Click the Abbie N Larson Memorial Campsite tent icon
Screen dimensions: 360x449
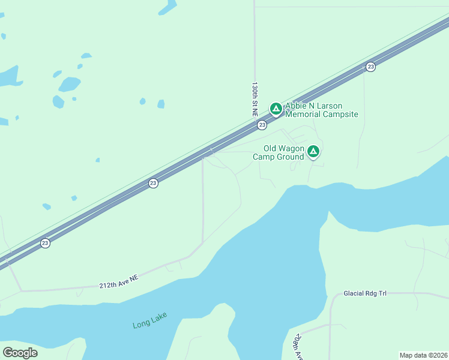tap(276, 109)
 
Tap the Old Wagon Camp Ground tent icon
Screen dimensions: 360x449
tap(313, 151)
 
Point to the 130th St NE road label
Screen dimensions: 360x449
tap(255, 100)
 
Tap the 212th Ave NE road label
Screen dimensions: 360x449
tap(118, 282)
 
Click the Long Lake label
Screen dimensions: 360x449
tap(149, 320)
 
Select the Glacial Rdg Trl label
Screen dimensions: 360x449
tap(365, 293)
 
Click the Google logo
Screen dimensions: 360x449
tap(20, 352)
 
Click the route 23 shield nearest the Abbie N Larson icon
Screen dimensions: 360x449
tap(262, 125)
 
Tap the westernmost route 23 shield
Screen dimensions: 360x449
tap(45, 243)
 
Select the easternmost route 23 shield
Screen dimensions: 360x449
tap(370, 67)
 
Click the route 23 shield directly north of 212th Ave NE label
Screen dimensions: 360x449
tap(153, 183)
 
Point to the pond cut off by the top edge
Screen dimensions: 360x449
tap(167, 7)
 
